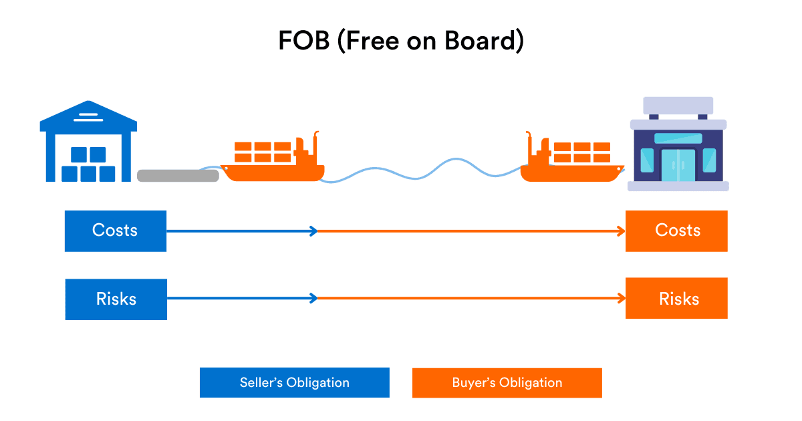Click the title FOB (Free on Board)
pos(401,41)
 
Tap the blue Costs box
pos(115,231)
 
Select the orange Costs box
pos(676,231)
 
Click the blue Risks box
pos(116,299)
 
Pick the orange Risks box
pos(676,299)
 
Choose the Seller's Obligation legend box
pos(294,383)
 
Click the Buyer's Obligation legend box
pos(507,383)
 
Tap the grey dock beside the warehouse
pos(178,176)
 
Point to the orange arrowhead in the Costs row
pos(621,231)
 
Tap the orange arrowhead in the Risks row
pos(621,299)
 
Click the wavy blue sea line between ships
pos(421,170)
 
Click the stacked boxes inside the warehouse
pos(88,165)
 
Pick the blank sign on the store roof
pos(678,105)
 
